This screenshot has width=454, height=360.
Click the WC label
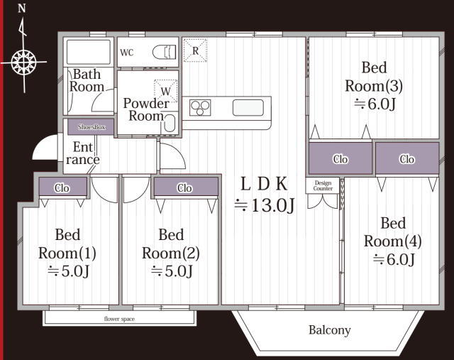point(127,53)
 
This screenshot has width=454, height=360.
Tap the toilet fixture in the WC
point(164,52)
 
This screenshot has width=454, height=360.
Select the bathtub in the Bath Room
point(88,52)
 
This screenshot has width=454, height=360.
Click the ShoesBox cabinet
point(91,127)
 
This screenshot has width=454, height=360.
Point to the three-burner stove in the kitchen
point(200,107)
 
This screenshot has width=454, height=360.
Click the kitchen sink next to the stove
point(248,107)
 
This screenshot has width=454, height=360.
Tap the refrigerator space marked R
point(196,50)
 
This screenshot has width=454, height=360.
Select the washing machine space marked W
point(165,91)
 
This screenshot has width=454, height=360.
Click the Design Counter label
point(323,185)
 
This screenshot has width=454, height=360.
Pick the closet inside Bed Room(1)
point(63,187)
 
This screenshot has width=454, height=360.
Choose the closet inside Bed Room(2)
point(186,187)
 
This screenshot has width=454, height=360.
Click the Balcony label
point(329,330)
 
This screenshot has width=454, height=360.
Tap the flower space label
point(119,319)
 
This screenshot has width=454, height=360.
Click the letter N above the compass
point(22,9)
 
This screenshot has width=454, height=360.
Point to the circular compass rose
point(23,62)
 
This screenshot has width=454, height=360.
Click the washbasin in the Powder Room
point(170,123)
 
